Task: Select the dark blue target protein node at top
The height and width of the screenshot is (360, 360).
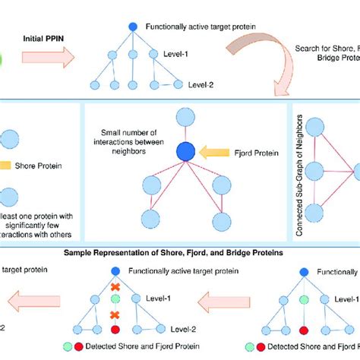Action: point(133,27)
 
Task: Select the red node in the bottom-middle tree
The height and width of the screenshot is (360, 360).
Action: point(115,330)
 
